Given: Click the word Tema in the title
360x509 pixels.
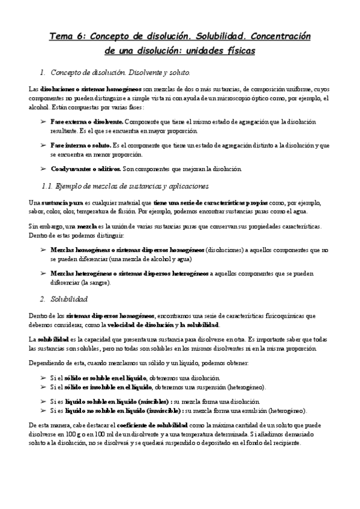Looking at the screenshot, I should tap(62, 37).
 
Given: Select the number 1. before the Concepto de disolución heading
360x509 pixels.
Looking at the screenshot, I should tap(42, 73).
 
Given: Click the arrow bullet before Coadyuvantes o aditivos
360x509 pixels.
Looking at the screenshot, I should tap(43, 169).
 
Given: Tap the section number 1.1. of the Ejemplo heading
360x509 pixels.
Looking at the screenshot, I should tap(48, 187).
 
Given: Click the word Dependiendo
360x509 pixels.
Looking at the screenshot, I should tap(46, 363).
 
